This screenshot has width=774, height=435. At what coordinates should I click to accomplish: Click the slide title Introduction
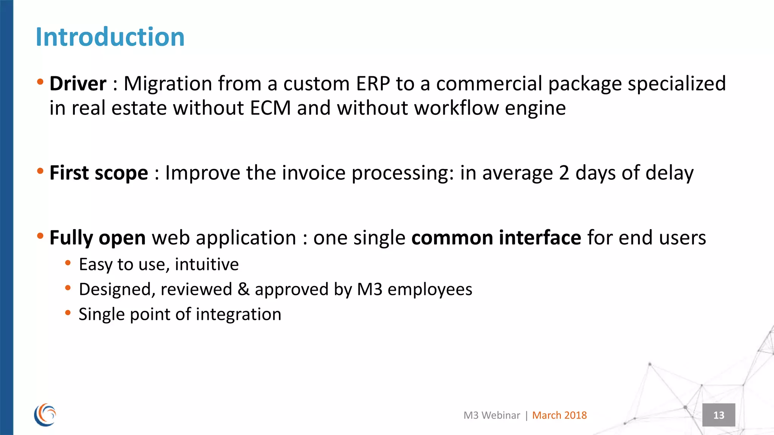pos(110,37)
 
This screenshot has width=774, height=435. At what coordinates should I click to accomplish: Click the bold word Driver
pos(78,83)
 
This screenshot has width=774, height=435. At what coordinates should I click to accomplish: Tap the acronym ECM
pos(270,108)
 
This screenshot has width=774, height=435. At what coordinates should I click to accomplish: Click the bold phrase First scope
pos(99,173)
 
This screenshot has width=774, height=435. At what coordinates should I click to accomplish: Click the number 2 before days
pos(564,173)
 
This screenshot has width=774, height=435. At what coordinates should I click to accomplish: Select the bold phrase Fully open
pos(98,238)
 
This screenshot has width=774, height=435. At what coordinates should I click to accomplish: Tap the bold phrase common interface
pos(496,238)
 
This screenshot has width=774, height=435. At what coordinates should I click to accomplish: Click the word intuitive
pos(207,264)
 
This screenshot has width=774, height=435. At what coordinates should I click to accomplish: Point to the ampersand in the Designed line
pos(243,289)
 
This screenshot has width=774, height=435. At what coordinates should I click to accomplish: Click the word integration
pos(238,314)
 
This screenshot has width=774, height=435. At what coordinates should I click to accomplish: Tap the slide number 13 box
pos(718,415)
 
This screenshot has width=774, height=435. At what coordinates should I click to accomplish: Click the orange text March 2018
pos(559,415)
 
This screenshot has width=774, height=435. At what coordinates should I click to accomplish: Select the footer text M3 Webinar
pos(492,415)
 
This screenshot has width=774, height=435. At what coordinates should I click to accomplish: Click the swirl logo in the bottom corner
pos(45,415)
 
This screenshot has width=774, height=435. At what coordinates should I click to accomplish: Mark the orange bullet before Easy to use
pos(68,263)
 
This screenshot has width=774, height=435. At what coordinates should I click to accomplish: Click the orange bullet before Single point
pos(68,313)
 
